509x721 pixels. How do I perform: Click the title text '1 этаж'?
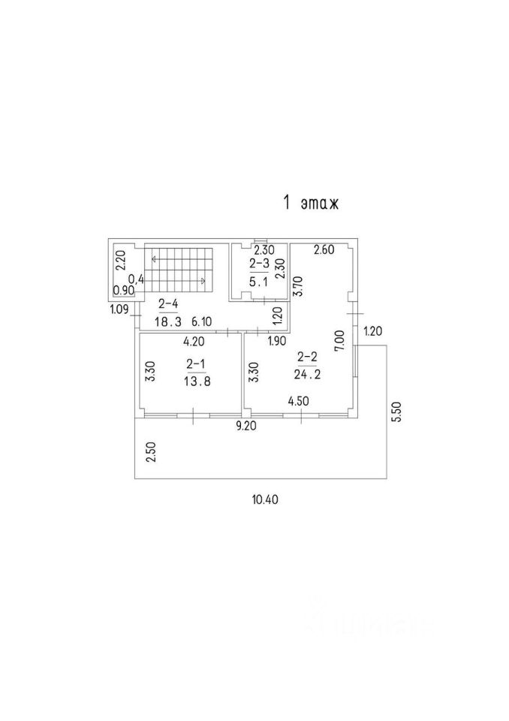tap(310, 203)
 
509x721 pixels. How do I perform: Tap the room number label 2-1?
tap(196, 366)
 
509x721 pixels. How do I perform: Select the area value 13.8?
tap(196, 381)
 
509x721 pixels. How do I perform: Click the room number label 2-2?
tap(306, 357)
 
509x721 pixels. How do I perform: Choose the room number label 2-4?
tap(168, 304)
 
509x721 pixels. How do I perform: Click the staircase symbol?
tap(179, 270)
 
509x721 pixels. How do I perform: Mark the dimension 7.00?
tap(340, 341)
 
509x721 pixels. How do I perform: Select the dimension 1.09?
tap(119, 309)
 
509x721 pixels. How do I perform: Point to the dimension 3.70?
tap(297, 288)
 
